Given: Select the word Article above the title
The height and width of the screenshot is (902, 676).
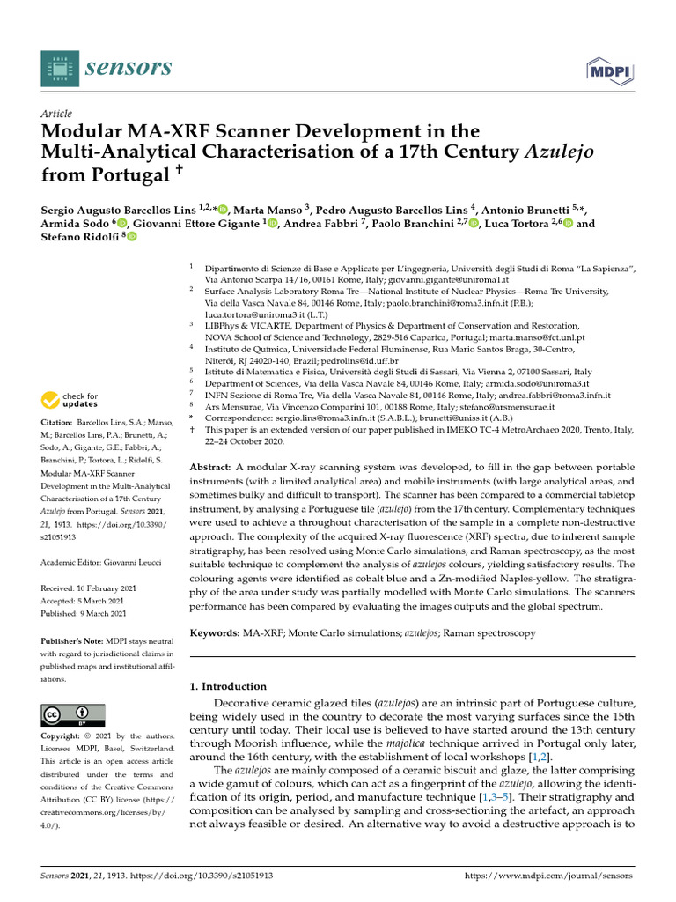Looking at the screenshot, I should pos(56,115).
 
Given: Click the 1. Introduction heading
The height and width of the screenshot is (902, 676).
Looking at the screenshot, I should pos(228,686).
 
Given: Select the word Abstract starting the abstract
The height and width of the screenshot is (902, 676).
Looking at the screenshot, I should pos(210,464).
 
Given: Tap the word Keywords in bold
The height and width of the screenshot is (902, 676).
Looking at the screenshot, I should pos(215,632).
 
